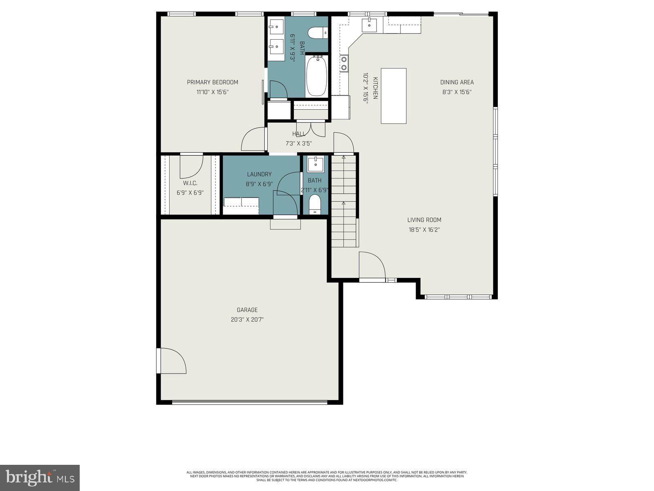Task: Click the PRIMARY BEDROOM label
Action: point(212,82)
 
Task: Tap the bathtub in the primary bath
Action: point(316,76)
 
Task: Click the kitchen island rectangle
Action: point(393,96)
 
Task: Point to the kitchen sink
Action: point(370,24)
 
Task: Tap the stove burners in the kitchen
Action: point(344,63)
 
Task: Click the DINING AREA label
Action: point(457,82)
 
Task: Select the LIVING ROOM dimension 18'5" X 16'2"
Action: point(424,230)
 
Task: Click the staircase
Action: point(344,200)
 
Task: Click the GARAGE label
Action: point(247,310)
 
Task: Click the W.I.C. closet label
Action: point(190,183)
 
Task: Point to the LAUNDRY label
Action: point(259,174)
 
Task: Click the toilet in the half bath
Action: point(315,204)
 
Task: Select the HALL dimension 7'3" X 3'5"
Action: point(298,144)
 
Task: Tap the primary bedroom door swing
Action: point(253,140)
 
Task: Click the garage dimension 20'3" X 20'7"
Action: point(247,320)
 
